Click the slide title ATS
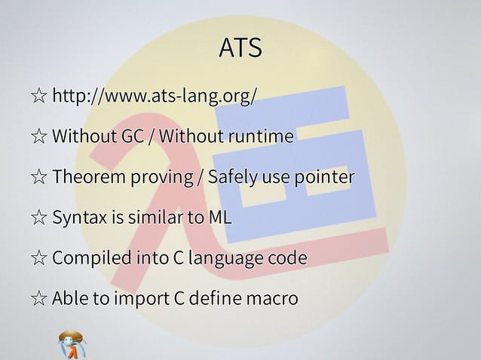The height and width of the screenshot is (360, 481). (240, 48)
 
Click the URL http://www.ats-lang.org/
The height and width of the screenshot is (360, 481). (155, 96)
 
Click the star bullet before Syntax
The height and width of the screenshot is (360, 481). (38, 219)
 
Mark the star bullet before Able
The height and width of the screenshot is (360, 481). (38, 300)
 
